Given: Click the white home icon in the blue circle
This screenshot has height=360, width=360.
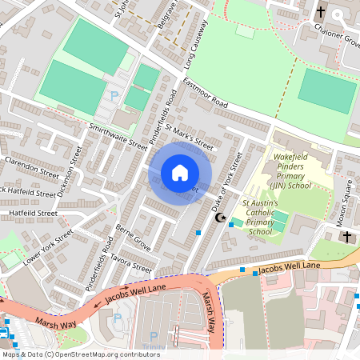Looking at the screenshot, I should (x=180, y=173).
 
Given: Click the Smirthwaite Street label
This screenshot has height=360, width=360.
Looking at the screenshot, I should (x=118, y=136).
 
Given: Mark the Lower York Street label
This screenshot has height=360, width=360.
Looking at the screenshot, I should (x=48, y=247).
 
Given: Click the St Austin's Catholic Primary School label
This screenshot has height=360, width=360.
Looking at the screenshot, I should (x=260, y=218).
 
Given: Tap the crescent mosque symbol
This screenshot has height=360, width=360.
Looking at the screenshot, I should (x=222, y=218).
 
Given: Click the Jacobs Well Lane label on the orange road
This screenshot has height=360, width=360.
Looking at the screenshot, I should (x=289, y=266).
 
